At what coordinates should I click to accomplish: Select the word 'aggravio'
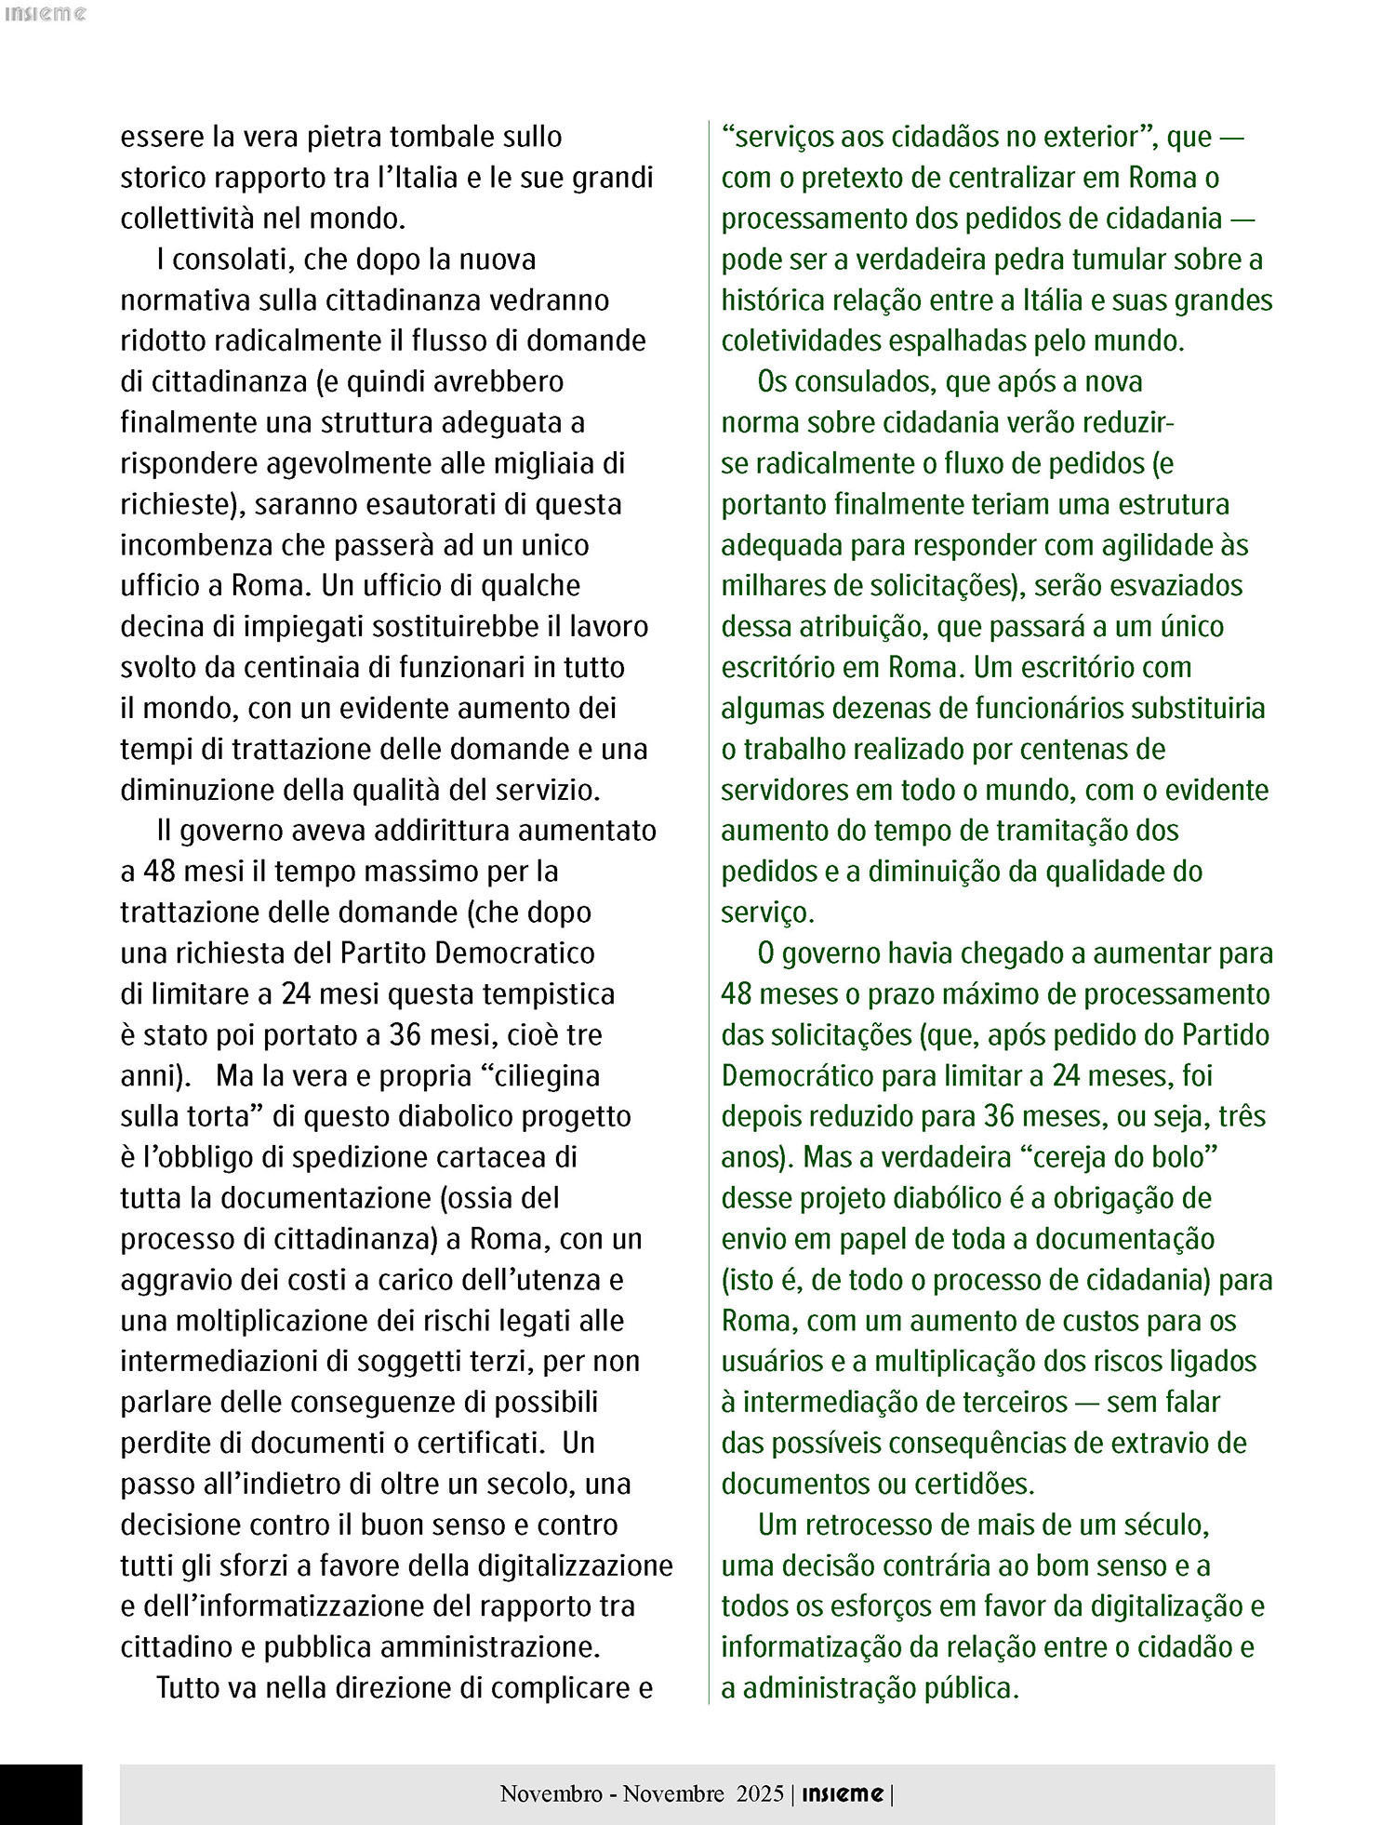point(175,1280)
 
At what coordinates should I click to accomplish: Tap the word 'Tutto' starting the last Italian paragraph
point(190,1688)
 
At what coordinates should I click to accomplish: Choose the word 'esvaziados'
point(1179,586)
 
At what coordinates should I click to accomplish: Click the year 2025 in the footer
point(760,1793)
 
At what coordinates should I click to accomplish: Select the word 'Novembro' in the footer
point(551,1793)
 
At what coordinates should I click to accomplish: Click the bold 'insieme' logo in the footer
point(842,1793)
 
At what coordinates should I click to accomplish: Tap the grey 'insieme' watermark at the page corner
point(45,14)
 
